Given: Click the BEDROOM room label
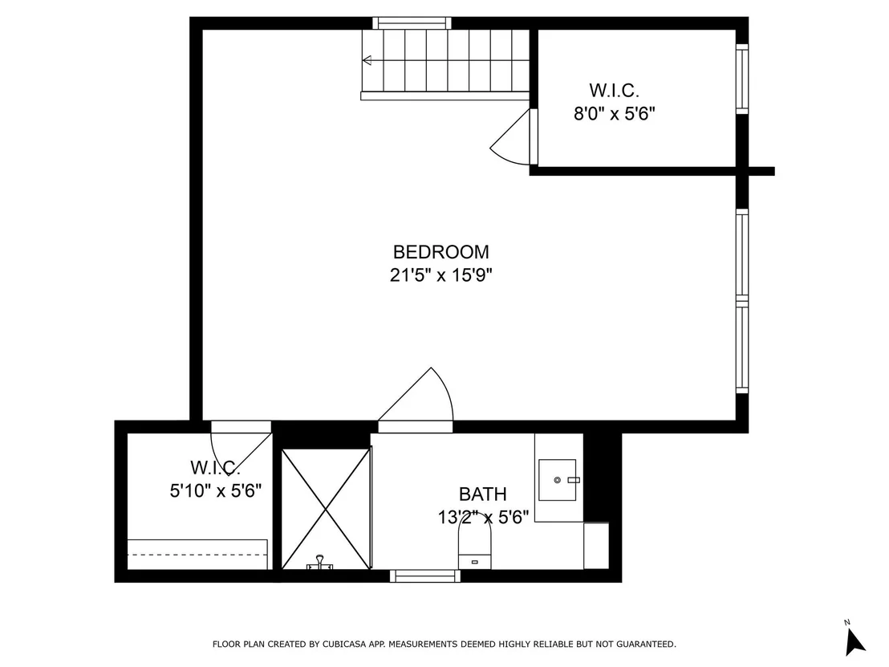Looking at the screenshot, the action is [440, 252].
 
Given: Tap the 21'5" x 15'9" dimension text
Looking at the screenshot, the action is [440, 275].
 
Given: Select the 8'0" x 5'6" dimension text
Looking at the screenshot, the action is [614, 114].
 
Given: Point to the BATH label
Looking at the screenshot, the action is [482, 494].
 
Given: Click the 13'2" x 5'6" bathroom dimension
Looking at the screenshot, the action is [483, 517].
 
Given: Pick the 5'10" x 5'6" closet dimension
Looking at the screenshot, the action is [216, 490].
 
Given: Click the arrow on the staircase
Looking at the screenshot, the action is [367, 60].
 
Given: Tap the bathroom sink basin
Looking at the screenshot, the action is [558, 480].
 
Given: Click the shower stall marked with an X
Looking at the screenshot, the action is [327, 509].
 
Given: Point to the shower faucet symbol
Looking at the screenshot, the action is [320, 563].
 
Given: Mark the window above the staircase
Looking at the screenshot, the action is [412, 22].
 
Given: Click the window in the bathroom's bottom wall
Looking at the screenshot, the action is [425, 576].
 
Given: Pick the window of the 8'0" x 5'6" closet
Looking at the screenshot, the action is [742, 79].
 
